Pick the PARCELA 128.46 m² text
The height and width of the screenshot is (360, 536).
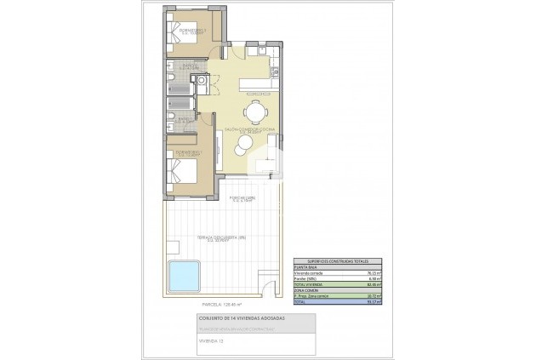coord(221,303)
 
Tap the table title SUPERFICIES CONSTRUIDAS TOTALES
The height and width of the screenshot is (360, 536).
coord(334,262)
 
